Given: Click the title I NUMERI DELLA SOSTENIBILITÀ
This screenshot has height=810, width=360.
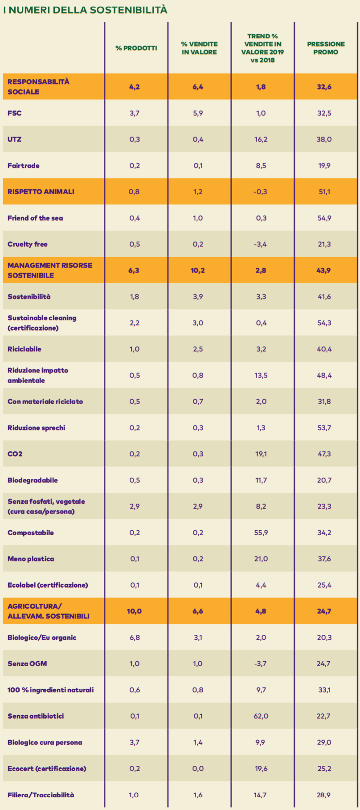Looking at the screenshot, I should [86, 10].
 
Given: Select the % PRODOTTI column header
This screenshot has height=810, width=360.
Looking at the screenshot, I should [136, 48].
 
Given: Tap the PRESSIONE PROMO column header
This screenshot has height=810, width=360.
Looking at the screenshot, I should [326, 48].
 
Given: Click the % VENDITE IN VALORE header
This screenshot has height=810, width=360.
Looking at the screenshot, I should [199, 48].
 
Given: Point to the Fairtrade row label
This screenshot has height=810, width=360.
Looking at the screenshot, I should [24, 166].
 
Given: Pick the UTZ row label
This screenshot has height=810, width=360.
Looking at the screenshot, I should [14, 139].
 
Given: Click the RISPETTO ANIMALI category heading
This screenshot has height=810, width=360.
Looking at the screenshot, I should [41, 192].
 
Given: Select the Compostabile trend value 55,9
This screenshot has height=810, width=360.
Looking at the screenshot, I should [261, 533].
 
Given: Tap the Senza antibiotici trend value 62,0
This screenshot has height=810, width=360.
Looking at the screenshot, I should [261, 716].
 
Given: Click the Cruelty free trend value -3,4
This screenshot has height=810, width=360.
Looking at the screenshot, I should [261, 244].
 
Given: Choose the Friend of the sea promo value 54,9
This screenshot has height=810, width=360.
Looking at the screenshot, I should [324, 218].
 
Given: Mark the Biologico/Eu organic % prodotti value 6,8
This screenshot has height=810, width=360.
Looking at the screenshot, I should [135, 638].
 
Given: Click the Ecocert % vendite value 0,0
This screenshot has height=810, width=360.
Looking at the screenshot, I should [198, 769].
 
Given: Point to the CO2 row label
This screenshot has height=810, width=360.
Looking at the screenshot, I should [15, 454].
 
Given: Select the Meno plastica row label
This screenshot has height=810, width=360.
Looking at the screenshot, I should [31, 559].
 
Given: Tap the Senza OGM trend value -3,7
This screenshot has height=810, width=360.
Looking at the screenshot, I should [261, 664].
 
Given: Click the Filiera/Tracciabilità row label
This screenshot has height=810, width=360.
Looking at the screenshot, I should [41, 795].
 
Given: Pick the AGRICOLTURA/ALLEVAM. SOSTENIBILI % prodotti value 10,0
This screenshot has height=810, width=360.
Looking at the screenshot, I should [134, 611].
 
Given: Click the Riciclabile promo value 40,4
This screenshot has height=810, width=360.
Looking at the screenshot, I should [324, 349].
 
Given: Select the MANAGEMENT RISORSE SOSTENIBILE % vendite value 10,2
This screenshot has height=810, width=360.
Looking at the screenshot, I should [198, 270].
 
